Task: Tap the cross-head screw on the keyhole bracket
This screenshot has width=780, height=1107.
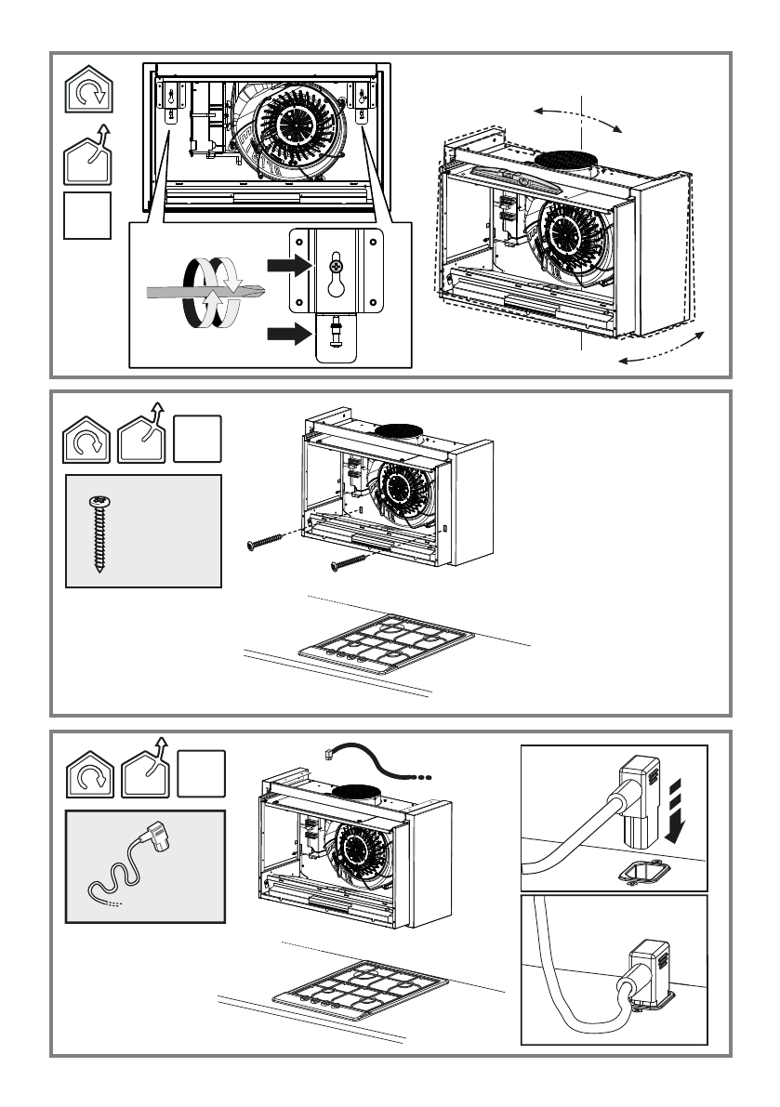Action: coord(336,267)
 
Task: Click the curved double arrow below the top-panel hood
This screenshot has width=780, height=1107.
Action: coord(661,349)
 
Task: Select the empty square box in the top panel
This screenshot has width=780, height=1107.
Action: coord(87,215)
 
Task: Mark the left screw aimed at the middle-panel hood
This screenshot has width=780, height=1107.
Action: coord(270,541)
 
